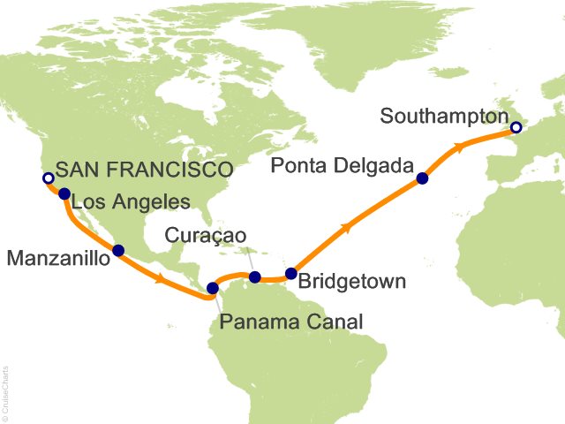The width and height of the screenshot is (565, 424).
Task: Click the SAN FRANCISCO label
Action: (144, 170)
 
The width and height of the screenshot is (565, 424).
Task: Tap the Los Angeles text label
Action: (130, 202)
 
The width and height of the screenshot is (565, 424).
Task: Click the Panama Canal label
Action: (291, 322)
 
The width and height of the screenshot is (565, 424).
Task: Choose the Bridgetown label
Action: (352, 283)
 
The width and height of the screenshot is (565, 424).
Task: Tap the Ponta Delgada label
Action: (341, 165)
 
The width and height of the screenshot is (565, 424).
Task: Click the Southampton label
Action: (447, 116)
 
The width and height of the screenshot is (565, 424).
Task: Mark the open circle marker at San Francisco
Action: (48, 178)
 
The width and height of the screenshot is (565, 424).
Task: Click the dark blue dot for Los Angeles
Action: (64, 193)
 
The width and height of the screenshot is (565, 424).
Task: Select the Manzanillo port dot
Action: (118, 250)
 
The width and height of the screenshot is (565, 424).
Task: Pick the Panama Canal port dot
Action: (212, 287)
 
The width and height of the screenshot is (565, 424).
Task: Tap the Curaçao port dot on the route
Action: (254, 277)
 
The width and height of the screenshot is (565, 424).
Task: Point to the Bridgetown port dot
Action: (291, 273)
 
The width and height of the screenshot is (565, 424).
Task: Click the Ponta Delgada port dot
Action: (422, 178)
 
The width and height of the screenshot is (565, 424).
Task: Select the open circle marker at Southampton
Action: (516, 128)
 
